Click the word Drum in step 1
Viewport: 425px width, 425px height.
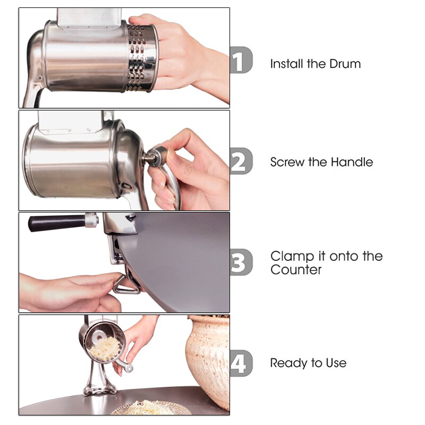click(x=345, y=64)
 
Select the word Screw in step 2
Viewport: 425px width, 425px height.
click(x=287, y=162)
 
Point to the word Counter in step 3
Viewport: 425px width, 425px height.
click(x=296, y=270)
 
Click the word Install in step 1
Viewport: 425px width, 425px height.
click(x=287, y=64)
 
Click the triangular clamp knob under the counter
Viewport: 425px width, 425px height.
click(x=126, y=285)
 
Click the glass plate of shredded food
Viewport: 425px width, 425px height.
click(x=151, y=409)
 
